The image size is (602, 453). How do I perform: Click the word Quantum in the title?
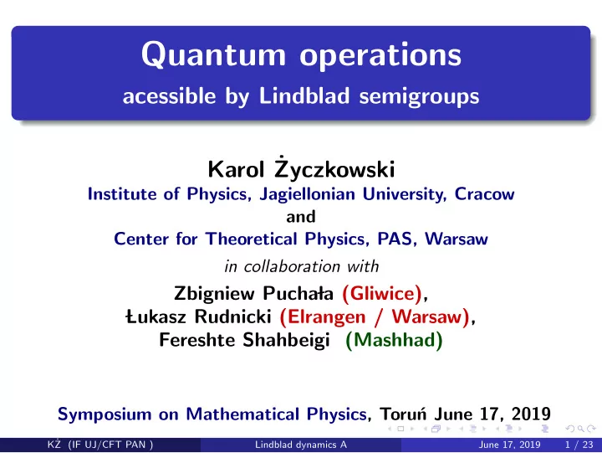(213, 55)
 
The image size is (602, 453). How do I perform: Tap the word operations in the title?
(380, 56)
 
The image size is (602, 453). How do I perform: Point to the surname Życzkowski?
(334, 168)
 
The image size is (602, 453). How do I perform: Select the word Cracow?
(484, 193)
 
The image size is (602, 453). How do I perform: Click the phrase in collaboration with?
(302, 266)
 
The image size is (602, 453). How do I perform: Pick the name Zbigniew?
(214, 294)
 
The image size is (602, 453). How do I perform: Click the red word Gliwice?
(382, 293)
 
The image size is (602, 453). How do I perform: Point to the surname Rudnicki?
(233, 317)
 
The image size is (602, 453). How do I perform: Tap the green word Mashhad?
(395, 340)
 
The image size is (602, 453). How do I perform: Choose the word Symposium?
(105, 414)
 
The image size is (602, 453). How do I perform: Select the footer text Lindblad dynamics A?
(301, 445)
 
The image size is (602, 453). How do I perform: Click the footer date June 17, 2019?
(509, 445)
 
